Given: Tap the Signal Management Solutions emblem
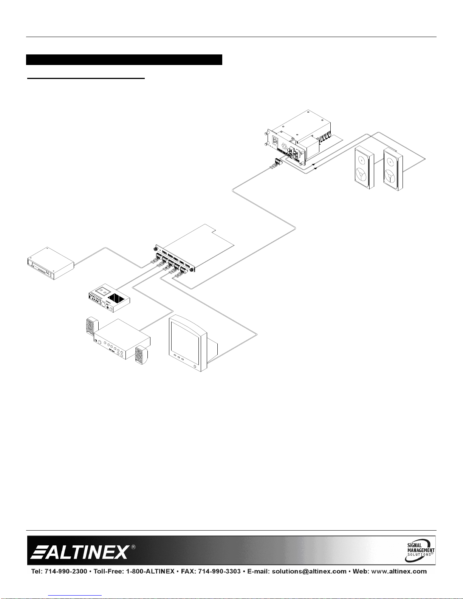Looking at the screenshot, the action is (420, 550).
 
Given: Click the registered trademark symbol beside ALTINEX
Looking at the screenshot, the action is (133, 547).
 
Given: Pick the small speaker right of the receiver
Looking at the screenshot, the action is (140, 356).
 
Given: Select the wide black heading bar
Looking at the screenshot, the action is (124, 60).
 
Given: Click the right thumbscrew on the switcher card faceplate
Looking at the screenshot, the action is (193, 269).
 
